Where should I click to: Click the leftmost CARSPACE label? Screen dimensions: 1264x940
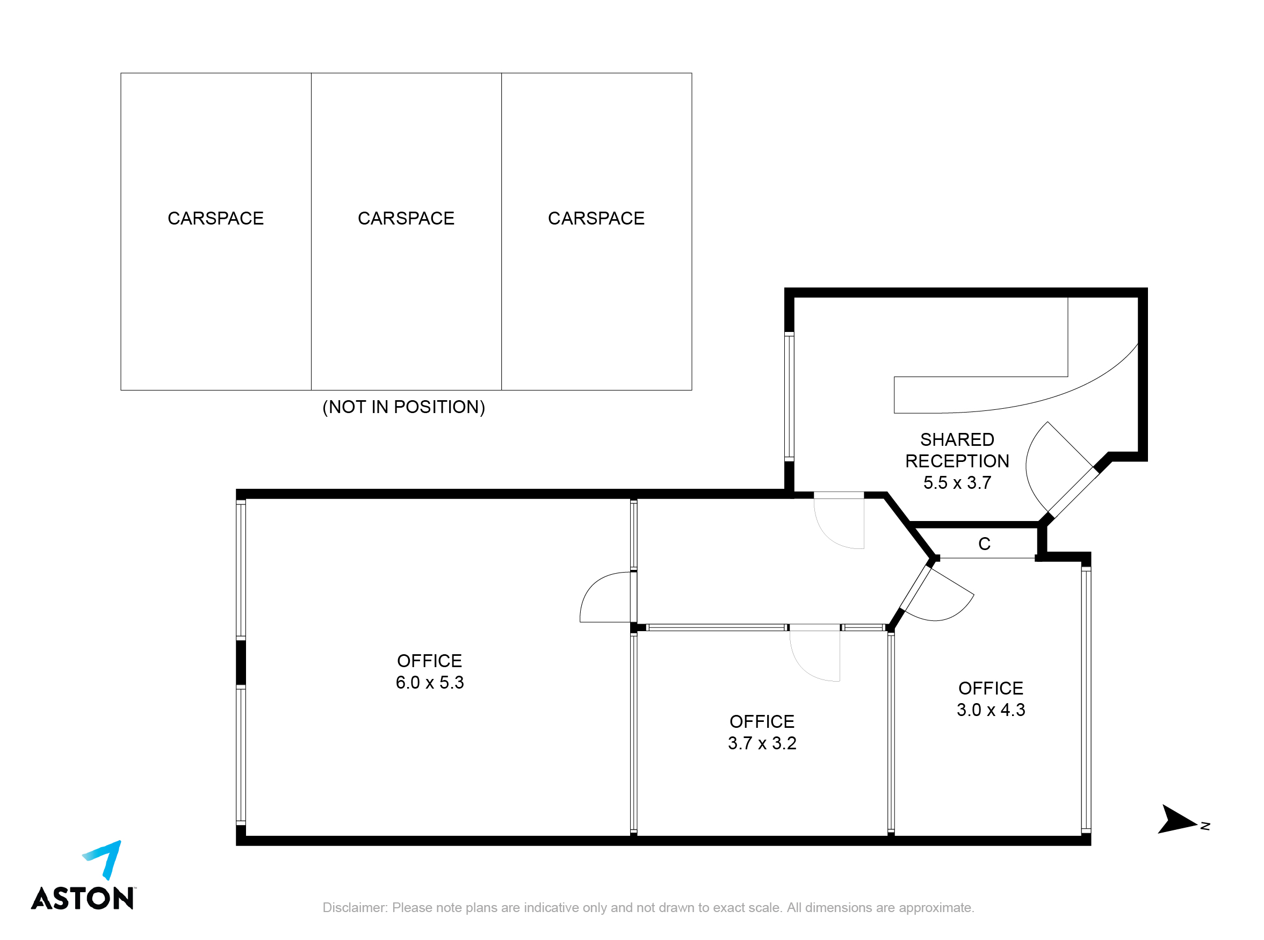point(216,219)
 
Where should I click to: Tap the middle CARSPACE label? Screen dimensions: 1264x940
point(406,219)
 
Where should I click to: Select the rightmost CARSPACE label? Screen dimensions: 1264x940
point(596,219)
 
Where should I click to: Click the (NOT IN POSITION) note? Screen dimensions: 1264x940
point(403,407)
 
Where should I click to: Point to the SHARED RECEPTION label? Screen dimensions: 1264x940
point(957,450)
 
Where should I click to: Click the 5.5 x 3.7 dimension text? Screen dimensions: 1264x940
point(957,482)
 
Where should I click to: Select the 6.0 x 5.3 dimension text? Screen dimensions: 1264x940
point(430,682)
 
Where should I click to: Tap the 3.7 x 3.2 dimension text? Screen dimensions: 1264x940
point(762,743)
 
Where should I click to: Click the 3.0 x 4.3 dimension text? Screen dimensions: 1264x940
point(991,710)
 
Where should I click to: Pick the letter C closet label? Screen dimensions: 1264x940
point(985,544)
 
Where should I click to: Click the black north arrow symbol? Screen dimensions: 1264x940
point(1177,820)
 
